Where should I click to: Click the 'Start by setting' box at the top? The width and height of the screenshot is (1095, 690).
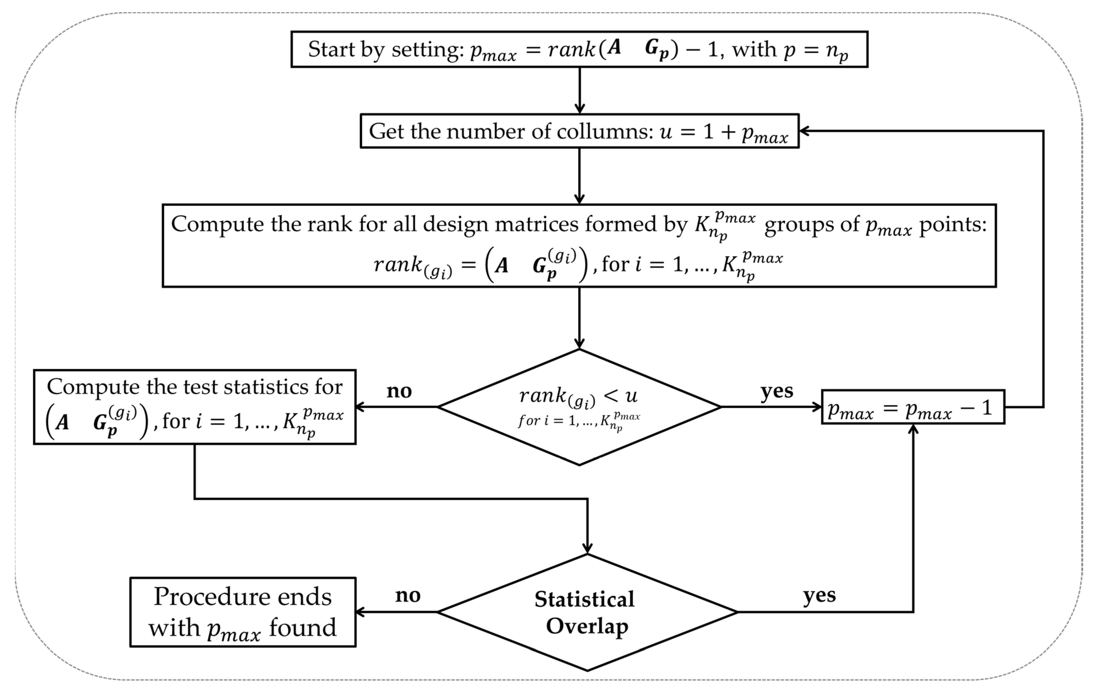[579, 49]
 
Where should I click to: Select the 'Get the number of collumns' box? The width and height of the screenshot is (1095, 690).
[579, 131]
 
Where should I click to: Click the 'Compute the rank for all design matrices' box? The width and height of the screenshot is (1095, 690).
[579, 245]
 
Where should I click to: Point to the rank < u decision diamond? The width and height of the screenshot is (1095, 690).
[579, 407]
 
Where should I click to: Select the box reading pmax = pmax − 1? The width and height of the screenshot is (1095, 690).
[913, 407]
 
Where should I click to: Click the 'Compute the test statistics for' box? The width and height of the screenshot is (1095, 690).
[195, 407]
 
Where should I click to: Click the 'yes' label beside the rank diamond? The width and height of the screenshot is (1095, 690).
[777, 391]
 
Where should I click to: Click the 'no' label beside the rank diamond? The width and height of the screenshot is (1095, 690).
[399, 391]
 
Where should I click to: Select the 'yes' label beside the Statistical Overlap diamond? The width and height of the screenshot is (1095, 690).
[819, 595]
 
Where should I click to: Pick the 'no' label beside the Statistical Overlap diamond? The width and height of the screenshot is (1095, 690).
[407, 595]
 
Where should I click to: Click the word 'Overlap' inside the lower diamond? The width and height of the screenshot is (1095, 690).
[587, 626]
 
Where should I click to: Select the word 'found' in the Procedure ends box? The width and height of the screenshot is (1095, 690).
[302, 628]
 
